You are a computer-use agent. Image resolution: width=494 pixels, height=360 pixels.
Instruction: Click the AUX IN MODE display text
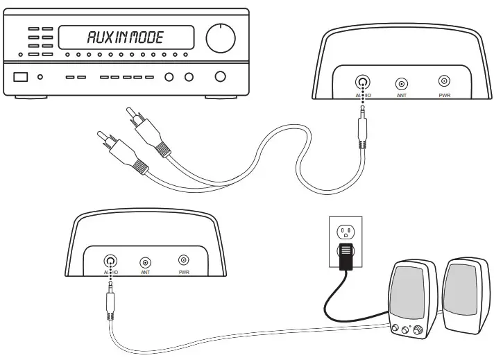[125, 37]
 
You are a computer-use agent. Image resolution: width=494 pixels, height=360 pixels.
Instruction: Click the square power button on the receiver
[21, 77]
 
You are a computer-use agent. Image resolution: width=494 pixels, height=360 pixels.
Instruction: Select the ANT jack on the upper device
[401, 83]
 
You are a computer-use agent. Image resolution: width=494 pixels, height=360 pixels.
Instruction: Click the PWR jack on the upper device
[444, 82]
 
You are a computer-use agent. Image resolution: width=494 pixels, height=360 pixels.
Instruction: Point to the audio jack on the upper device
[361, 83]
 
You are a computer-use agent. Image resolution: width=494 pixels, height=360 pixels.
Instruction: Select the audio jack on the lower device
[110, 262]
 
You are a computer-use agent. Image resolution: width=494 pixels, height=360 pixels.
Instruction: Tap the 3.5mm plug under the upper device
[361, 129]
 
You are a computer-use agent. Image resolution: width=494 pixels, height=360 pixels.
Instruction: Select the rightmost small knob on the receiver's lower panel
[221, 77]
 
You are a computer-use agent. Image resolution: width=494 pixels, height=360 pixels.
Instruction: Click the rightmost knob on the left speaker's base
[418, 332]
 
